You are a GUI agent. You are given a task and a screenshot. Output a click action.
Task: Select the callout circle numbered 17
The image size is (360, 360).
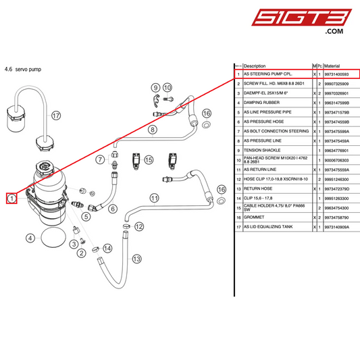[56, 115]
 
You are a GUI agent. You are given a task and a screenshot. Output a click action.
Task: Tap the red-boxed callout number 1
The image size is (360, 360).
[11, 198]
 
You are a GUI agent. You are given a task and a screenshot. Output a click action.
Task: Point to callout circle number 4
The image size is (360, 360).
[30, 238]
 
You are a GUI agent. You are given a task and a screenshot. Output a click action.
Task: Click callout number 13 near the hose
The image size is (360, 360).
[137, 258]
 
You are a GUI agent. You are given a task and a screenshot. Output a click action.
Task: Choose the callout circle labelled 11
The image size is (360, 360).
[154, 198]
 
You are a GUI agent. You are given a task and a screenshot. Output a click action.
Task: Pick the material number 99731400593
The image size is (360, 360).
[340, 74]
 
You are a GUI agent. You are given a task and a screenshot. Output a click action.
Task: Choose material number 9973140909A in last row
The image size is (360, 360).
[340, 228]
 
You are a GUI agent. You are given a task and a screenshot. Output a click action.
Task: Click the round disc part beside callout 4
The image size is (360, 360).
[53, 238]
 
